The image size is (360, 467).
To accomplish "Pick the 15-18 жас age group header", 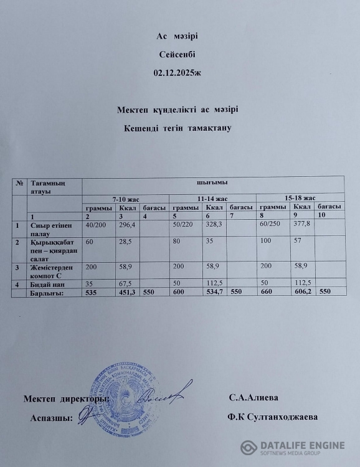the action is [300, 197].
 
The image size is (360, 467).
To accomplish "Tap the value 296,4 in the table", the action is [128, 225].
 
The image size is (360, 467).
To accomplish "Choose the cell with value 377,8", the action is [302, 224].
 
